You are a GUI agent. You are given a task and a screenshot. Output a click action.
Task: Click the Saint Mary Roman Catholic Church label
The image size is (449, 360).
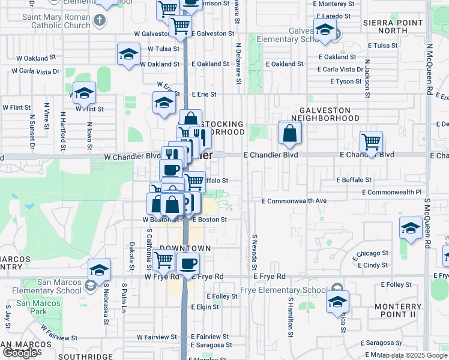coord(56,21)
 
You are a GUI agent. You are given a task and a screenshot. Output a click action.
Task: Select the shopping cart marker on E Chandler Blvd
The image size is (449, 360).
coord(372,143)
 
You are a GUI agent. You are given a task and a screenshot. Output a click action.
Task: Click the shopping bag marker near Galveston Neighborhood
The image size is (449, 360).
coord(289,134)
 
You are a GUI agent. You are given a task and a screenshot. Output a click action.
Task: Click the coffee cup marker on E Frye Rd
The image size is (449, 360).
coord(188,264)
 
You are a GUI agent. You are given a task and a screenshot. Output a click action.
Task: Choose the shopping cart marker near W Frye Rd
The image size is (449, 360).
coord(163,260)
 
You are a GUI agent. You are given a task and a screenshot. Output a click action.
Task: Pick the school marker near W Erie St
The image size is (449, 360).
coord(164,103)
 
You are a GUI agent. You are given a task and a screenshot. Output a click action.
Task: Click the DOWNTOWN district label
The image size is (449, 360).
coord(185,248)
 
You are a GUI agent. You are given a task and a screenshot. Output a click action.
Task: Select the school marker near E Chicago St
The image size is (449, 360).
coord(411,228)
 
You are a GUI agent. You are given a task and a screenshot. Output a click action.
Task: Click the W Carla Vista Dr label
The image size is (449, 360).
coord(35,71)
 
